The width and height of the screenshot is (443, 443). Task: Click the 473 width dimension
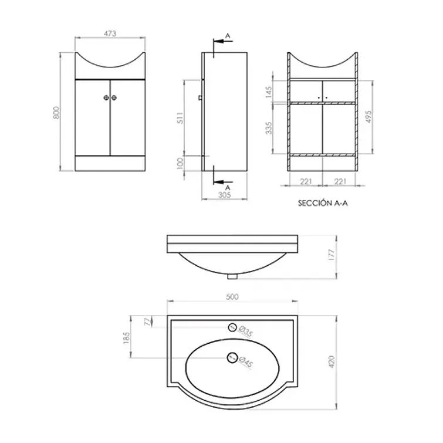(x=110, y=34)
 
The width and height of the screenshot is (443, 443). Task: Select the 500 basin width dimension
(x=232, y=297)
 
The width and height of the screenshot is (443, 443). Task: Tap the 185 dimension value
(x=126, y=339)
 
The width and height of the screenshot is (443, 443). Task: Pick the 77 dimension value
(x=147, y=321)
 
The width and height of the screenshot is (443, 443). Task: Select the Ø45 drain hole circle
(x=232, y=356)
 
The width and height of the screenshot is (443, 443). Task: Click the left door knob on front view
(x=106, y=98)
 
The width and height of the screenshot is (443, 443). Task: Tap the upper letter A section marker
(x=228, y=36)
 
